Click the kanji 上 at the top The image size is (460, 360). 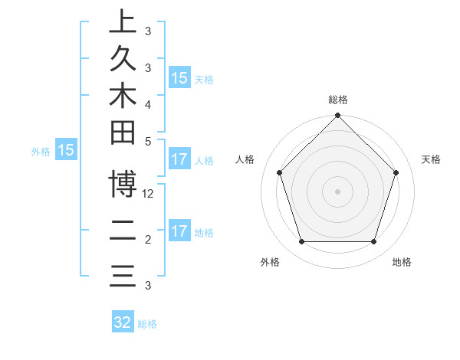123,21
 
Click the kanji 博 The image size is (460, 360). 123,185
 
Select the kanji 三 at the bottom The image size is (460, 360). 123,275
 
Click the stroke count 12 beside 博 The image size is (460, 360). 149,194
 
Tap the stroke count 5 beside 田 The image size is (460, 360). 148,141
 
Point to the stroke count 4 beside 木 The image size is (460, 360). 148,103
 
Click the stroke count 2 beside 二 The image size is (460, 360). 148,240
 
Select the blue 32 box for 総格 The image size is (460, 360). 123,322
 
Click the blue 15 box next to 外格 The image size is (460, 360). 66,151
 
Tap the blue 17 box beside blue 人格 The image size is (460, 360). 179,160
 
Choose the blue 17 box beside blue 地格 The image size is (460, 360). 179,231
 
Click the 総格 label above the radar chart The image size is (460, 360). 338,100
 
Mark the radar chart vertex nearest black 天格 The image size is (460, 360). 396,172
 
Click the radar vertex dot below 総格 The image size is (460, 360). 338,116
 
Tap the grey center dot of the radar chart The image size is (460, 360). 338,191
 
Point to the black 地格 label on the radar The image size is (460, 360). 402,263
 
